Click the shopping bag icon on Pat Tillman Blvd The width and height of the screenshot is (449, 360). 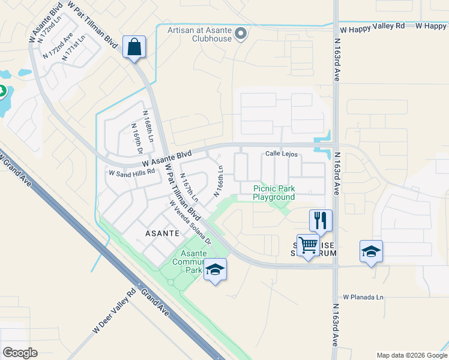click(134, 46)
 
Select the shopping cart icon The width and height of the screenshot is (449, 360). click(308, 245)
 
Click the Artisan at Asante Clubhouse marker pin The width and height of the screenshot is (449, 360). click(241, 34)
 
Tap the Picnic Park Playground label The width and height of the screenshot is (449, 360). click(273, 193)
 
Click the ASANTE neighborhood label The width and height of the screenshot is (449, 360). click(161, 232)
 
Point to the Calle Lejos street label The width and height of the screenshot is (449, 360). click(282, 154)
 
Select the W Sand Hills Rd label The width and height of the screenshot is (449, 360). click(131, 173)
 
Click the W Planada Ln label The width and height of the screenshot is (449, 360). click(363, 297)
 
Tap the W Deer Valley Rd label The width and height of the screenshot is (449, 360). click(115, 313)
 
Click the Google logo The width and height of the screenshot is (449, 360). click(20, 353)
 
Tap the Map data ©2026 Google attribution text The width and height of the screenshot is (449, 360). click(411, 355)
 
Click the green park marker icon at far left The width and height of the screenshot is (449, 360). click(2, 92)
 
